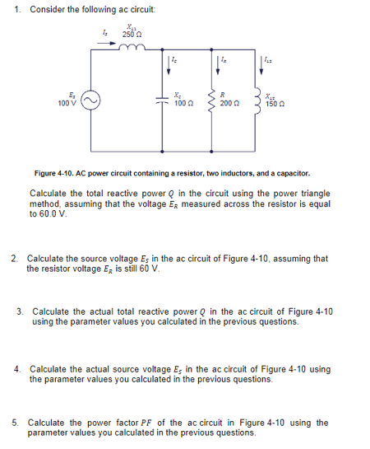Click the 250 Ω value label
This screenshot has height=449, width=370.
pyautogui.click(x=131, y=34)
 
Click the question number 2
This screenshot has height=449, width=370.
pyautogui.click(x=15, y=258)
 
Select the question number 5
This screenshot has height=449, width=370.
pyautogui.click(x=16, y=423)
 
